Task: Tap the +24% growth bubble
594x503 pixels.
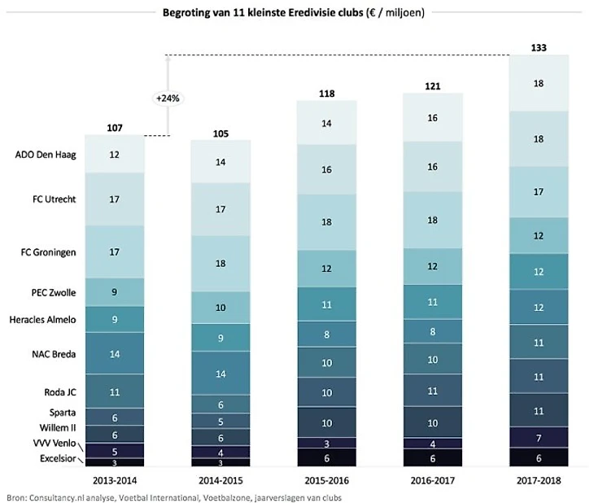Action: tap(168, 98)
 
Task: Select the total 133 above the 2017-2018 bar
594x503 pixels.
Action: tap(538, 48)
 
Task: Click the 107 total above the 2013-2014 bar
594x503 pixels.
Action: tap(115, 128)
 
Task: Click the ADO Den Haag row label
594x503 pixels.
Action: tap(46, 155)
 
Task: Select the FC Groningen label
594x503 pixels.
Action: tap(50, 252)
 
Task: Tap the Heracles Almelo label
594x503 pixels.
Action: tap(42, 319)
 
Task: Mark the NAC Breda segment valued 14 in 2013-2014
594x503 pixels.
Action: tap(115, 353)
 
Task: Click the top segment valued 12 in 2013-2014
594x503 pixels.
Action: tap(115, 155)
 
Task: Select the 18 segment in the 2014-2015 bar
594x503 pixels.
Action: tap(221, 264)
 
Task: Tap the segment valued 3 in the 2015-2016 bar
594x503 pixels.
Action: tap(326, 443)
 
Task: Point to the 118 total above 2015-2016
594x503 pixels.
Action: tap(326, 94)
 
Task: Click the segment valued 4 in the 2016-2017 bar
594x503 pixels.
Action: tap(433, 444)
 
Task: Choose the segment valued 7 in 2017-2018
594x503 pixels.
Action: tap(538, 438)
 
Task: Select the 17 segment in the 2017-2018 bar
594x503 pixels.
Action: tap(538, 192)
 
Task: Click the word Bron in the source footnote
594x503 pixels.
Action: tap(15, 496)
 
